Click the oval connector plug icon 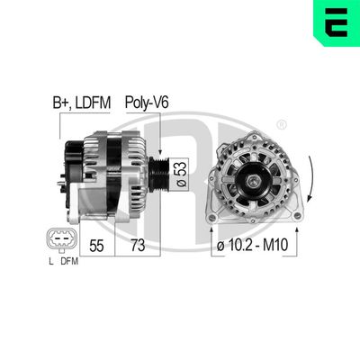coord(58,238)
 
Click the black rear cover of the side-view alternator coord(67,171)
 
